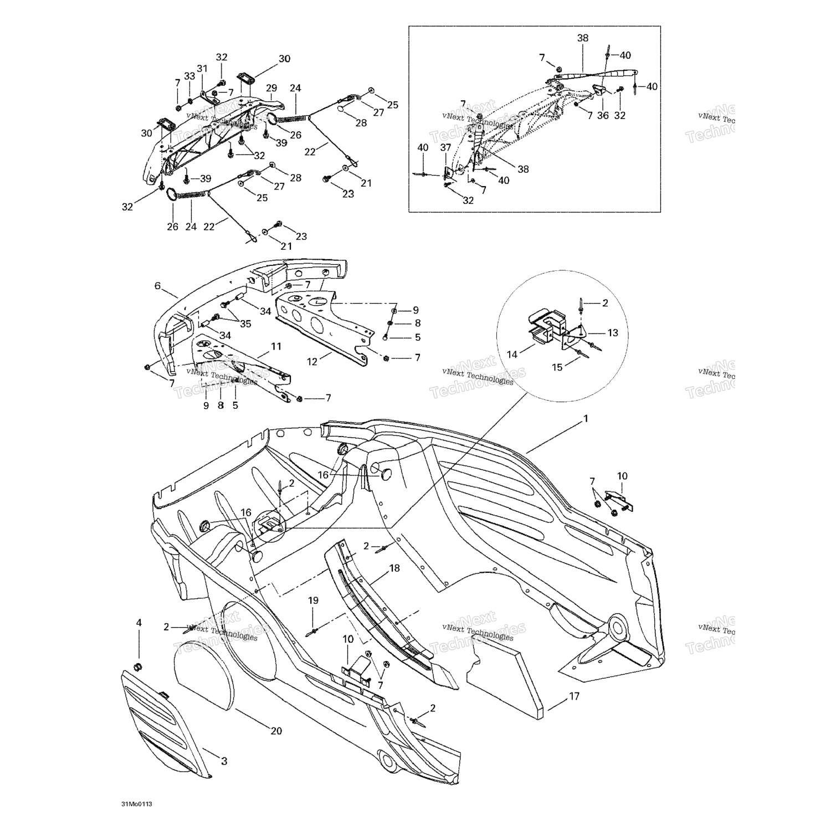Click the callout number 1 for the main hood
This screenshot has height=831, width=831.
[x=586, y=419]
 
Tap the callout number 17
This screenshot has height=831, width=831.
[x=574, y=696]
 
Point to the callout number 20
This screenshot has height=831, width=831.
[x=276, y=731]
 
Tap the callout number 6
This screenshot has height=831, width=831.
[x=158, y=286]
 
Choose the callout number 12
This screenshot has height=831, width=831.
[x=312, y=361]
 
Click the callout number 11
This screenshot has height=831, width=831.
[x=276, y=347]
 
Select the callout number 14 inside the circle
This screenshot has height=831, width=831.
[x=512, y=354]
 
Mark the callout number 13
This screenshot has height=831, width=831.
[x=612, y=333]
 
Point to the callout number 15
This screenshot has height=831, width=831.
[x=557, y=367]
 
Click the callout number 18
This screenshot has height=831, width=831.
[x=394, y=568]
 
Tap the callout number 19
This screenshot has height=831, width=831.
[x=313, y=600]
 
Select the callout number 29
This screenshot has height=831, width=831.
[x=271, y=88]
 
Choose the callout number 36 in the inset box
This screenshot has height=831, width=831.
[x=603, y=116]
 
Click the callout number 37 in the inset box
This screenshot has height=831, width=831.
[x=445, y=147]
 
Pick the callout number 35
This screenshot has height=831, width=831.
[x=245, y=324]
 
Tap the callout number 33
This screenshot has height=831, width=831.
[x=189, y=76]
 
